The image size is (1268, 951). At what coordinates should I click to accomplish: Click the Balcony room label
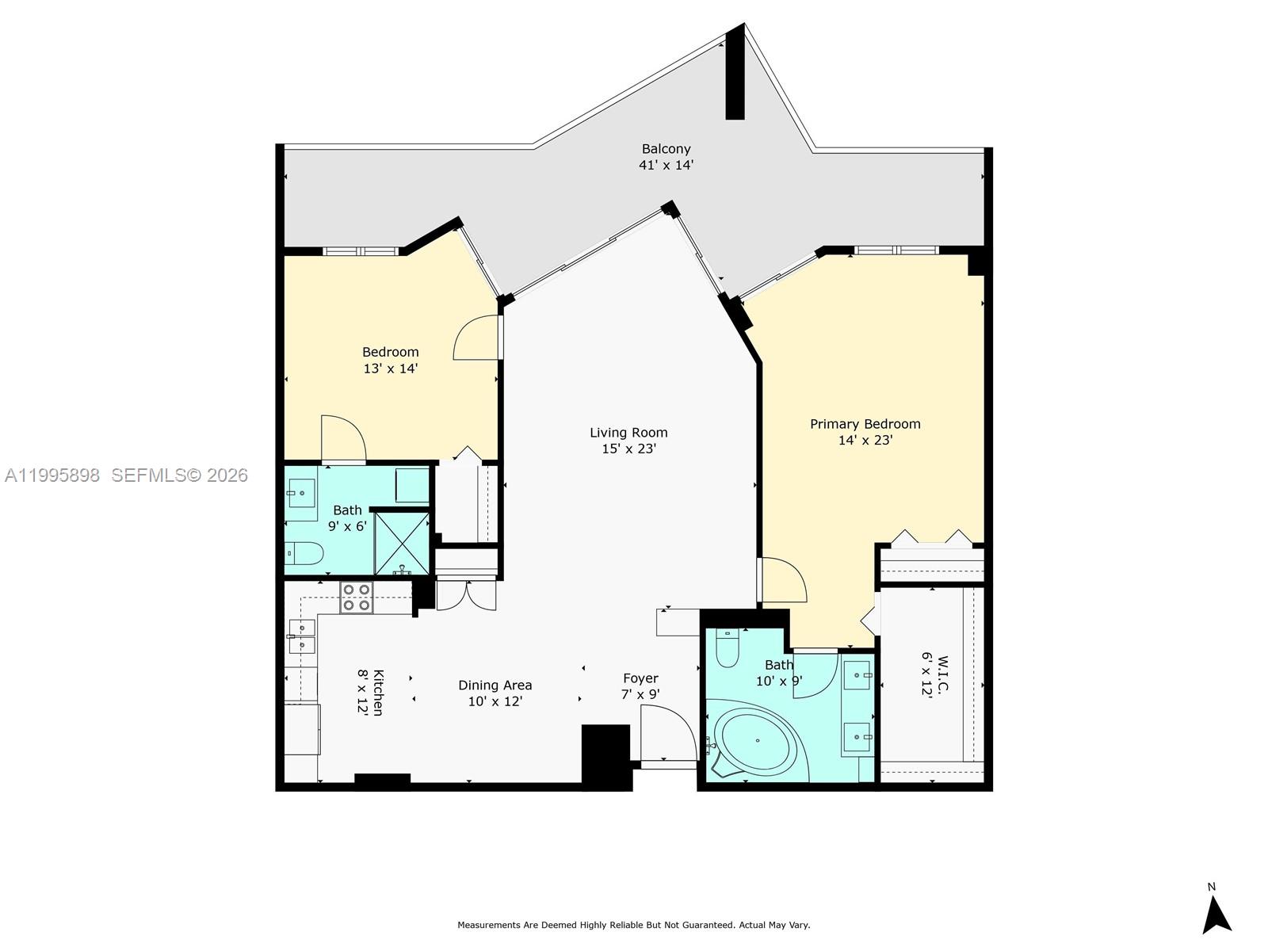(x=666, y=148)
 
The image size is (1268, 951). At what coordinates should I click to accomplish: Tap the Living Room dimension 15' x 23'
(x=628, y=449)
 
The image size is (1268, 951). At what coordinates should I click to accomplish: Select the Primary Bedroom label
(x=865, y=424)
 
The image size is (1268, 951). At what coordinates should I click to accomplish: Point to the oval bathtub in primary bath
(x=756, y=743)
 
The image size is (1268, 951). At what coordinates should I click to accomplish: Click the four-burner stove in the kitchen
(x=356, y=598)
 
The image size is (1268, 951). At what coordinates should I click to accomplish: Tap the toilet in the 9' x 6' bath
(x=304, y=552)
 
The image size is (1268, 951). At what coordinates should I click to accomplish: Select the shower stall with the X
(x=402, y=543)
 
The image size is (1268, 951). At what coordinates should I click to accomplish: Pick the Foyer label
(x=640, y=678)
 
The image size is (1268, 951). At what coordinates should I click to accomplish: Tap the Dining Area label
(x=495, y=685)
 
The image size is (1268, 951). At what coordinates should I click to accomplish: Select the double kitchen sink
(x=302, y=636)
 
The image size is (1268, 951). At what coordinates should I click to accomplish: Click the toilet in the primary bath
(x=727, y=649)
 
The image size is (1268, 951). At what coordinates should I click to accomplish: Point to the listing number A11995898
(x=52, y=475)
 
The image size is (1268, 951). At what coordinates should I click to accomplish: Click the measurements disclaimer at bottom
(x=633, y=925)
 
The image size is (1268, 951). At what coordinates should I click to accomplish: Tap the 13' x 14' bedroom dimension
(x=390, y=369)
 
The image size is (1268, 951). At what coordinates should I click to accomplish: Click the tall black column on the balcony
(x=735, y=75)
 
